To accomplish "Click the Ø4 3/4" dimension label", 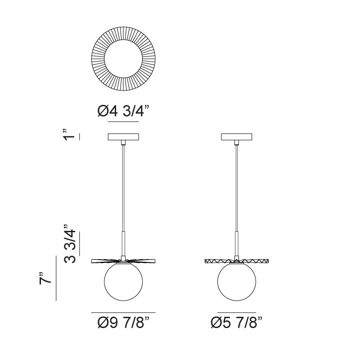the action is [123, 111].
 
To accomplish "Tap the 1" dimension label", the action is [69, 135].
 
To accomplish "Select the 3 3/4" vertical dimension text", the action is [70, 243].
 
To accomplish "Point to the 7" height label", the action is [45, 278].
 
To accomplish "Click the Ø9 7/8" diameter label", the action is [123, 322].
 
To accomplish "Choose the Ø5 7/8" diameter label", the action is [236, 322].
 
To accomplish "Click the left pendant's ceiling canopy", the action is [123, 137].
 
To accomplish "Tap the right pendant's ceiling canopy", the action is [237, 137].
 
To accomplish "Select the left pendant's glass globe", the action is [123, 282].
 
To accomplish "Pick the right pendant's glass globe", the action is [237, 282].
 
